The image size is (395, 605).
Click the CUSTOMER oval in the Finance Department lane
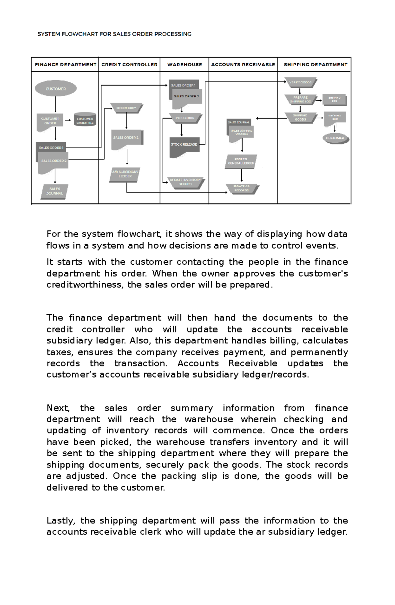56,88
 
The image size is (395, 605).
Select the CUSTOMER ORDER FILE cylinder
85,120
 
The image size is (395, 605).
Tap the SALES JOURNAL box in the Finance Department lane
55,191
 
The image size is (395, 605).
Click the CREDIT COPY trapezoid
126,108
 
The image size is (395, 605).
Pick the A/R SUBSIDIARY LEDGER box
125,174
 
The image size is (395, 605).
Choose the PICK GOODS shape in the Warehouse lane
185,118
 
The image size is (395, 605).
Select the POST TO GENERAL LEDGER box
241,161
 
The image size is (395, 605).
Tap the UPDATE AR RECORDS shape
242,189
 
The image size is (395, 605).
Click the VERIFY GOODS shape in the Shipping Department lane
300,82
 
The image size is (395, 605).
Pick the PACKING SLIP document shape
335,118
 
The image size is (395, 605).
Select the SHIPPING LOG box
334,99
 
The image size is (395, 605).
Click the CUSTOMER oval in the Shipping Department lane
335,138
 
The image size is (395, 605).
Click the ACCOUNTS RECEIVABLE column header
243,65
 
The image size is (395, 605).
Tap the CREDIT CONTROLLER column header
129,65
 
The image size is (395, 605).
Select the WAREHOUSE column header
185,65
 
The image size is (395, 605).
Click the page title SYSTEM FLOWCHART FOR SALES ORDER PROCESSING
114,34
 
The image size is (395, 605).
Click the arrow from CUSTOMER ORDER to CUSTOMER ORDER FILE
68,120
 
